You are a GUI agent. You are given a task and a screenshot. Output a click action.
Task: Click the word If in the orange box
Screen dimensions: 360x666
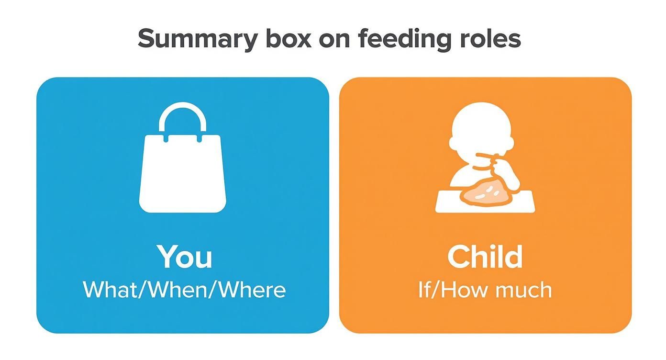coord(425,290)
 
